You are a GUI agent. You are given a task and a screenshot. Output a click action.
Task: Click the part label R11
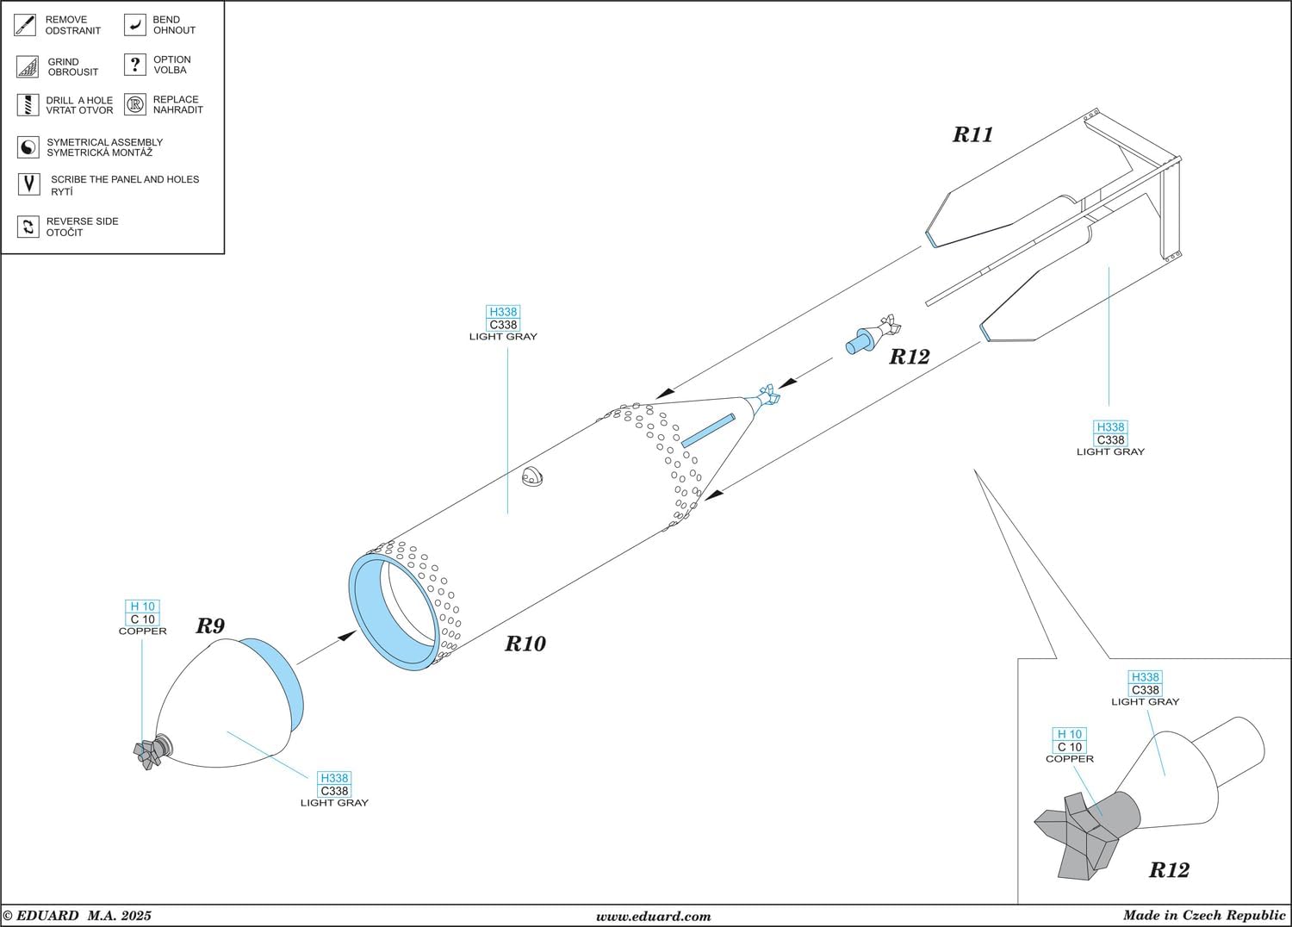pos(972,134)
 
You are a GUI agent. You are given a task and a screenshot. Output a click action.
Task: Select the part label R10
pos(525,644)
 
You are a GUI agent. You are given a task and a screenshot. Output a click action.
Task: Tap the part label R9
pos(209,626)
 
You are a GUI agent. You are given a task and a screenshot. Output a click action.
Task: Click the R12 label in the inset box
pos(1168,870)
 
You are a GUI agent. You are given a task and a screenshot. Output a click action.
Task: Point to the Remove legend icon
pos(25,25)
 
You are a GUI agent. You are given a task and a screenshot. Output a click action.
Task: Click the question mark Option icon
pos(135,65)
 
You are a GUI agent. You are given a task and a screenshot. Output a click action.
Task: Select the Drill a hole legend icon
pos(28,105)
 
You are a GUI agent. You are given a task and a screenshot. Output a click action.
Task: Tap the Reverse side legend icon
pos(28,227)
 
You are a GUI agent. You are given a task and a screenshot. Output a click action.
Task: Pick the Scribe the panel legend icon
pos(28,184)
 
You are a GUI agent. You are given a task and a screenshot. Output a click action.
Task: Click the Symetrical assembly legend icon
pos(28,147)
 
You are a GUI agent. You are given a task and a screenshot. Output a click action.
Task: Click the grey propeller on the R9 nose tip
pos(148,753)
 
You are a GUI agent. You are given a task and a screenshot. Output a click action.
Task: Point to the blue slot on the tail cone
pos(707,431)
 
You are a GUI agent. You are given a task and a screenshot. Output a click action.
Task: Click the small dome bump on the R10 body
pos(534,476)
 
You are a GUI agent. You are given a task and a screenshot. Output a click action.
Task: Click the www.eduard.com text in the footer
pos(653,917)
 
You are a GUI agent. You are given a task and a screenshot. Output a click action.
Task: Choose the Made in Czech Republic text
pos(1203,916)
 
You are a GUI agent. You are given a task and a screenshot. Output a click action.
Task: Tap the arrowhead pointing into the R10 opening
pos(346,636)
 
